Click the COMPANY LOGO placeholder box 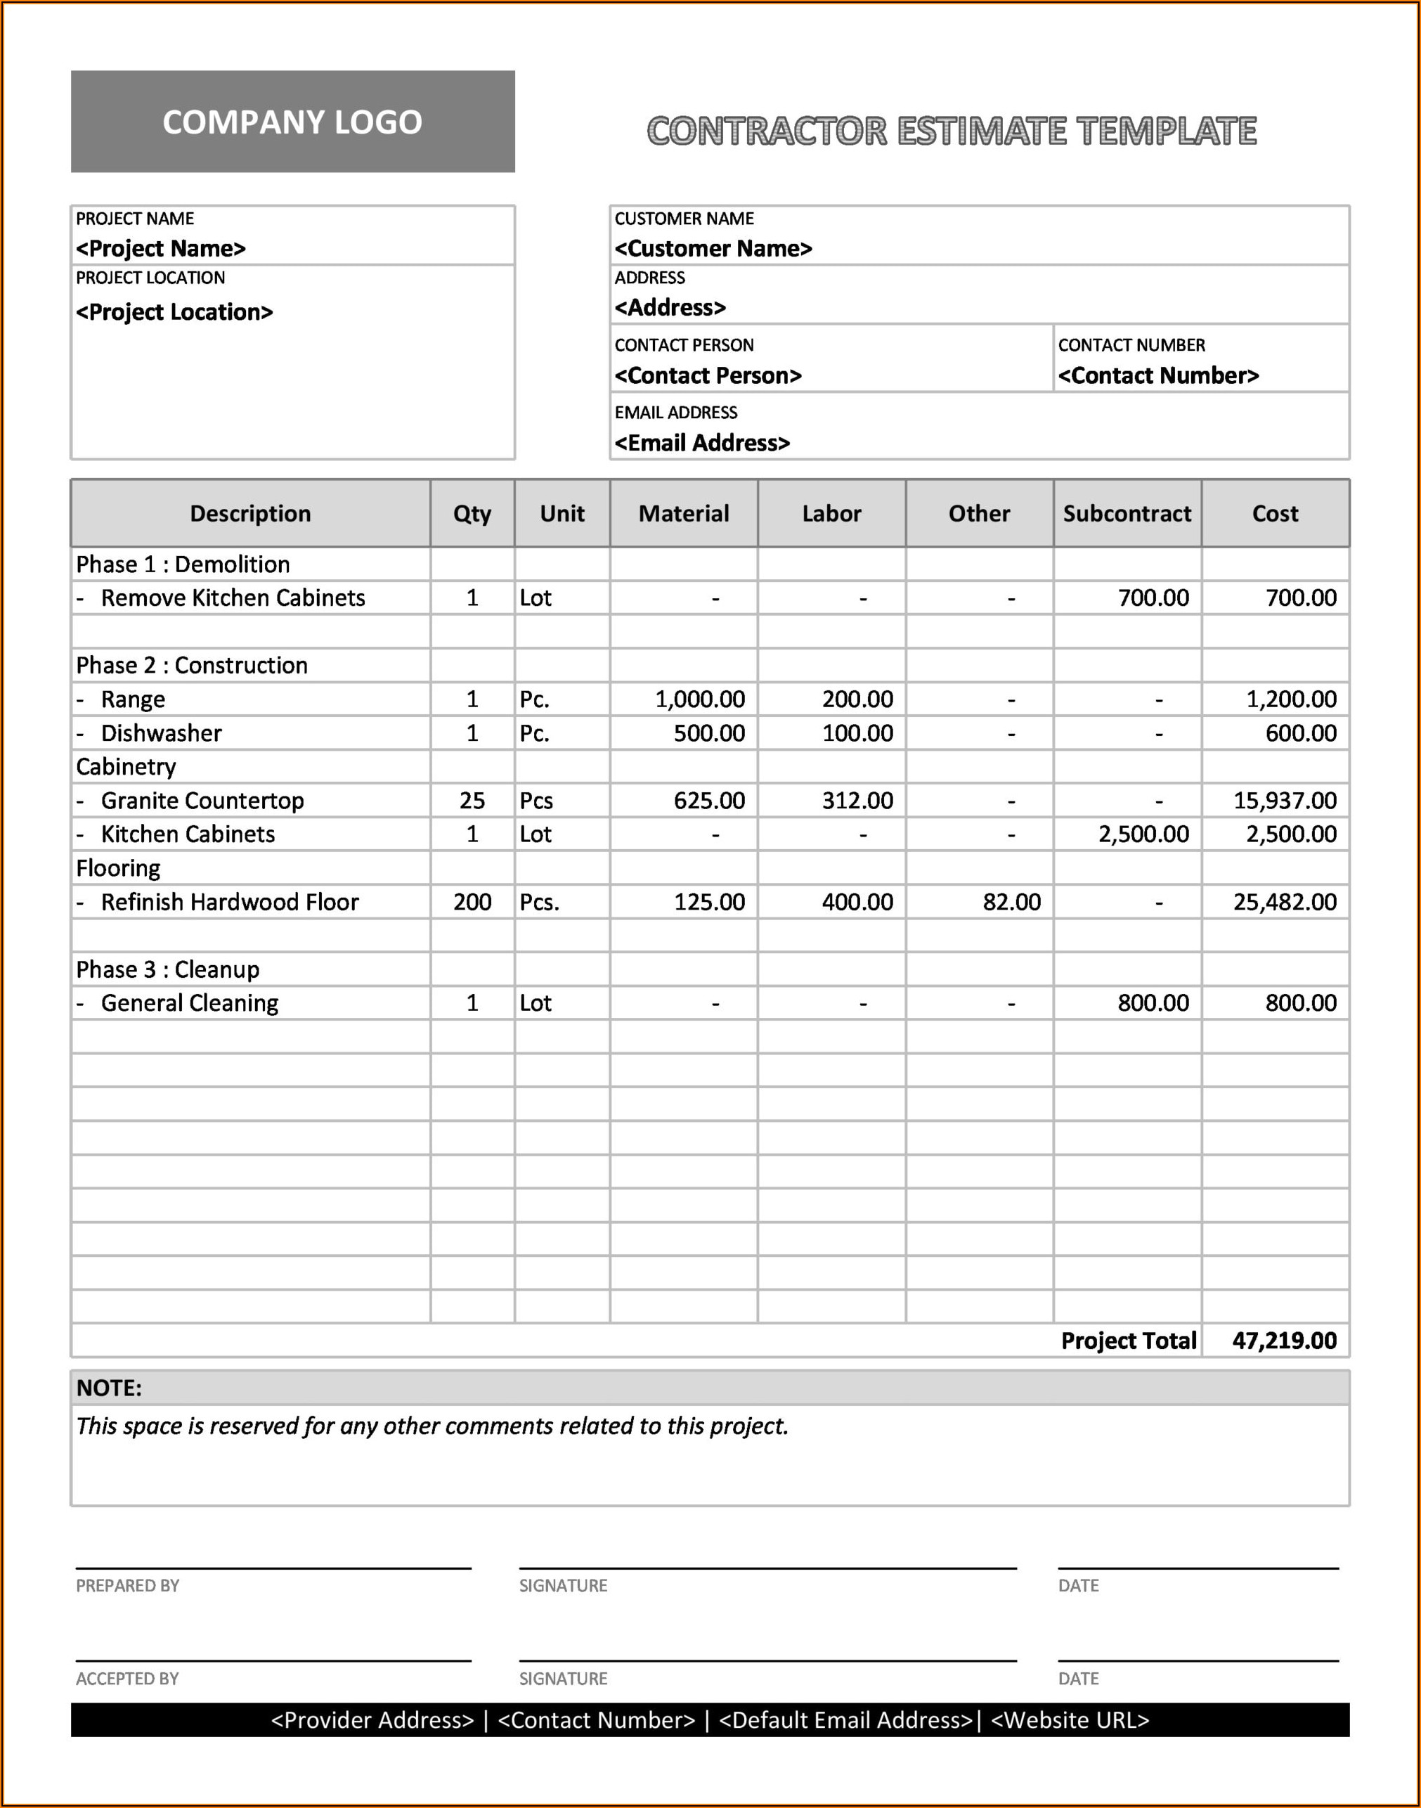(x=292, y=122)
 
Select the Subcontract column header (x=1127, y=513)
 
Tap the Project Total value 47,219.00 (x=1284, y=1341)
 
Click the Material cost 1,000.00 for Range (x=700, y=699)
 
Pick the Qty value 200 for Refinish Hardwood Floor (x=472, y=902)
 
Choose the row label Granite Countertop (x=202, y=801)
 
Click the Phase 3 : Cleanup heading (x=167, y=969)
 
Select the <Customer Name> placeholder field (x=713, y=249)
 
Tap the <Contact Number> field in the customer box (x=1158, y=376)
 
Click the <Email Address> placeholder (x=702, y=444)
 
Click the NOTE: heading (x=109, y=1388)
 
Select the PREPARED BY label (x=127, y=1586)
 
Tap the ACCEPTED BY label (x=127, y=1679)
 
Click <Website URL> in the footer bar (x=1070, y=1720)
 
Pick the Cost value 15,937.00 (x=1284, y=801)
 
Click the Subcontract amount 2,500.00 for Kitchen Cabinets (x=1143, y=834)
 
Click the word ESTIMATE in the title (x=981, y=131)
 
